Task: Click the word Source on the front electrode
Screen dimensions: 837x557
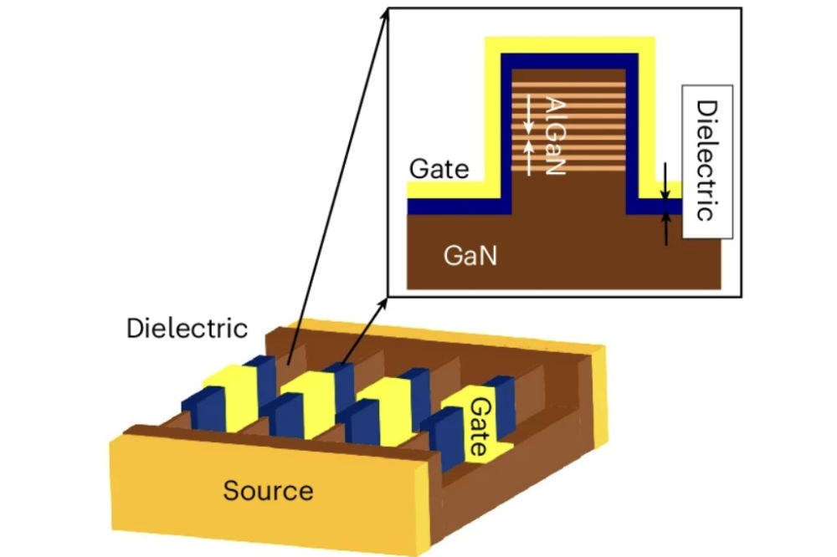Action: click(268, 491)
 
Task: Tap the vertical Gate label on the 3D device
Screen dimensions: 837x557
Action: click(480, 427)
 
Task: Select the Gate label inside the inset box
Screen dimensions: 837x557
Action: click(439, 169)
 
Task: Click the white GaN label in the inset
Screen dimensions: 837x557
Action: click(470, 256)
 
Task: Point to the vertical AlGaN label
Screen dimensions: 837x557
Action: click(555, 135)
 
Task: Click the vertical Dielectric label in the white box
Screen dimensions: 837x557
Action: click(706, 161)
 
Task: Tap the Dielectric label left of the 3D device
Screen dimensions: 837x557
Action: click(187, 328)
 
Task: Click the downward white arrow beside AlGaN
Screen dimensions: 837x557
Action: click(528, 115)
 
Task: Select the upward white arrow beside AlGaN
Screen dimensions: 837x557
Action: click(528, 157)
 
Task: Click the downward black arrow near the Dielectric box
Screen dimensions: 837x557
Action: click(665, 181)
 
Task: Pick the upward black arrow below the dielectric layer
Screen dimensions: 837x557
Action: click(665, 228)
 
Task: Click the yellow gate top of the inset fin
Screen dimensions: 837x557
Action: click(569, 45)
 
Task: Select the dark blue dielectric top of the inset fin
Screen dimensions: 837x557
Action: click(569, 61)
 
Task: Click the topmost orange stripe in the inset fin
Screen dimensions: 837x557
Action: click(568, 84)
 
